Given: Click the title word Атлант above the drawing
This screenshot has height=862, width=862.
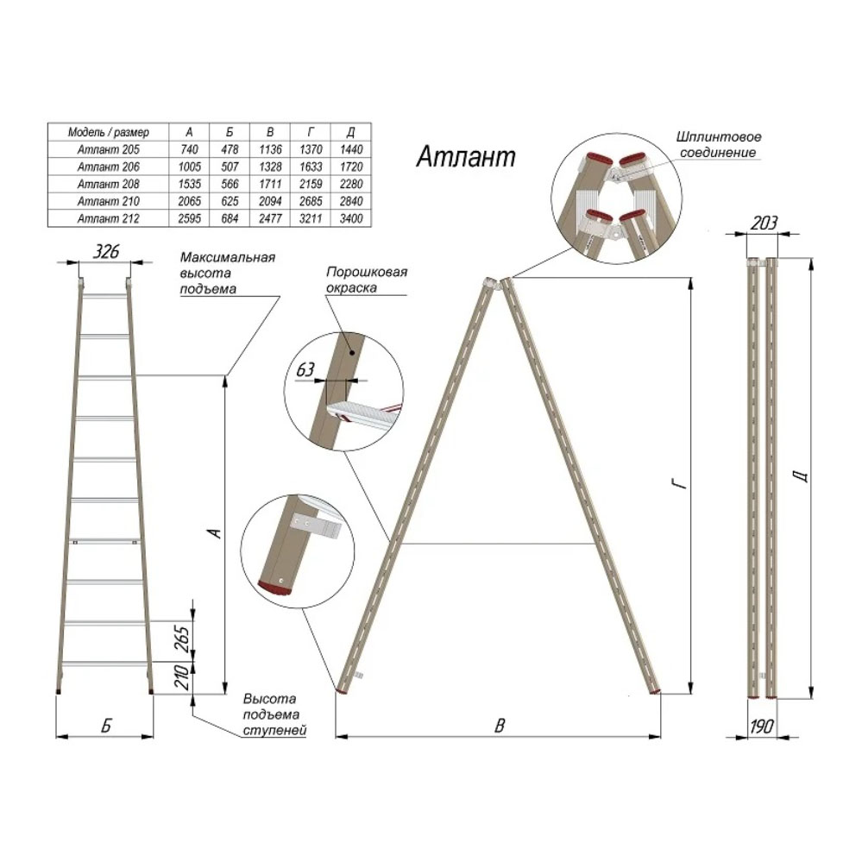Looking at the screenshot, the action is pyautogui.click(x=466, y=157).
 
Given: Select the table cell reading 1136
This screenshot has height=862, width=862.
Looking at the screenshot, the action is pyautogui.click(x=270, y=149).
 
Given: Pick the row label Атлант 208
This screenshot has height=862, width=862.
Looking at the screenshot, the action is pyautogui.click(x=109, y=184).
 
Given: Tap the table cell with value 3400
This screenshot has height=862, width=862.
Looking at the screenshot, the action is pyautogui.click(x=351, y=218).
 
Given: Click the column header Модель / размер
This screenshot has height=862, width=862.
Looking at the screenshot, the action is pyautogui.click(x=109, y=133).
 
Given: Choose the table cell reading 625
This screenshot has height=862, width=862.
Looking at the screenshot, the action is pyautogui.click(x=230, y=201).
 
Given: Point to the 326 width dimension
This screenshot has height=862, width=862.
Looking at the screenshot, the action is pyautogui.click(x=105, y=251).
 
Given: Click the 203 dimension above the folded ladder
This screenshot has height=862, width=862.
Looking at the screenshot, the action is pyautogui.click(x=764, y=223).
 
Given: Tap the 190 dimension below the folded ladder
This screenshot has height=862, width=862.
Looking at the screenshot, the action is pyautogui.click(x=762, y=727).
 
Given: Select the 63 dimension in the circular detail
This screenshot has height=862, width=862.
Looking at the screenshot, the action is pyautogui.click(x=305, y=369).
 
